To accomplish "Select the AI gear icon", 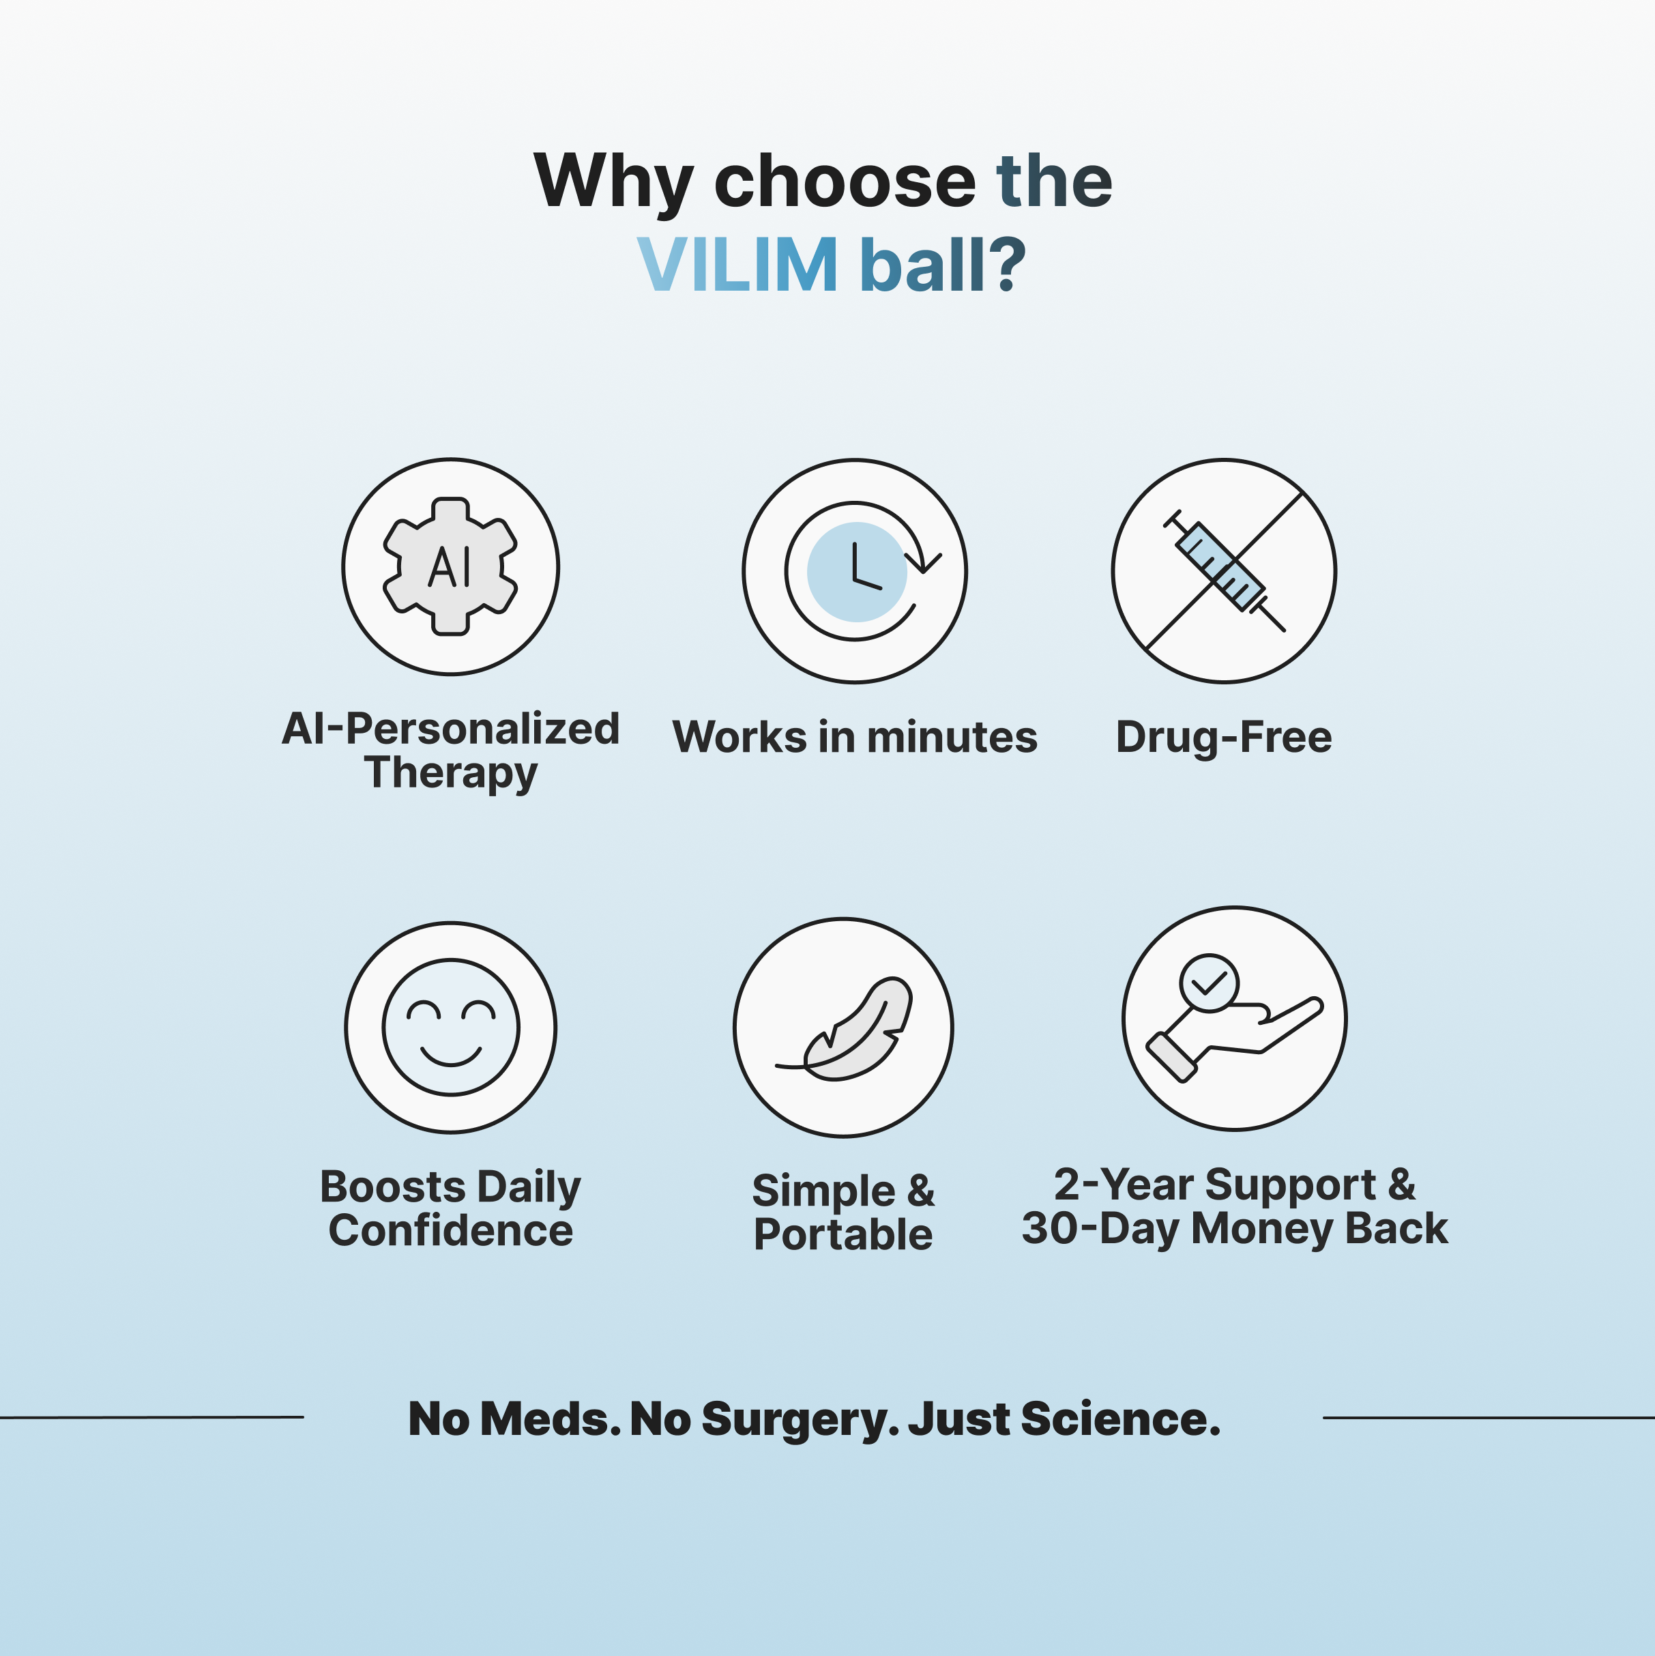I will point(450,566).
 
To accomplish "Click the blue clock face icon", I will point(856,572).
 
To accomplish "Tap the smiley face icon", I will point(450,1027).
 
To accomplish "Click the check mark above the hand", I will point(1208,983).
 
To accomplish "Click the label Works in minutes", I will point(855,736).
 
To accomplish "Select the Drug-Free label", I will point(1223,736).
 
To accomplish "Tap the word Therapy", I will point(450,772).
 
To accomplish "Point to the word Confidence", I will point(450,1231).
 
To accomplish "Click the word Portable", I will point(843,1234).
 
